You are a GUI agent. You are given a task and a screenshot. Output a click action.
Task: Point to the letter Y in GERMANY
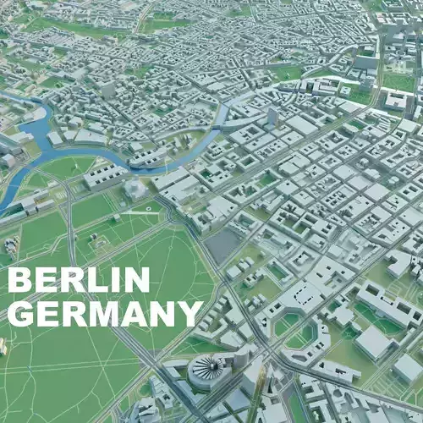pyautogui.click(x=190, y=314)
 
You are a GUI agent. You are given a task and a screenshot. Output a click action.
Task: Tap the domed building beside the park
pyautogui.click(x=136, y=189)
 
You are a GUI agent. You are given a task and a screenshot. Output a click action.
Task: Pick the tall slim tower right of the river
pyautogui.click(x=272, y=116)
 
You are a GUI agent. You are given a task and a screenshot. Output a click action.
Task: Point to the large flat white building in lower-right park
pyautogui.click(x=373, y=342)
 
